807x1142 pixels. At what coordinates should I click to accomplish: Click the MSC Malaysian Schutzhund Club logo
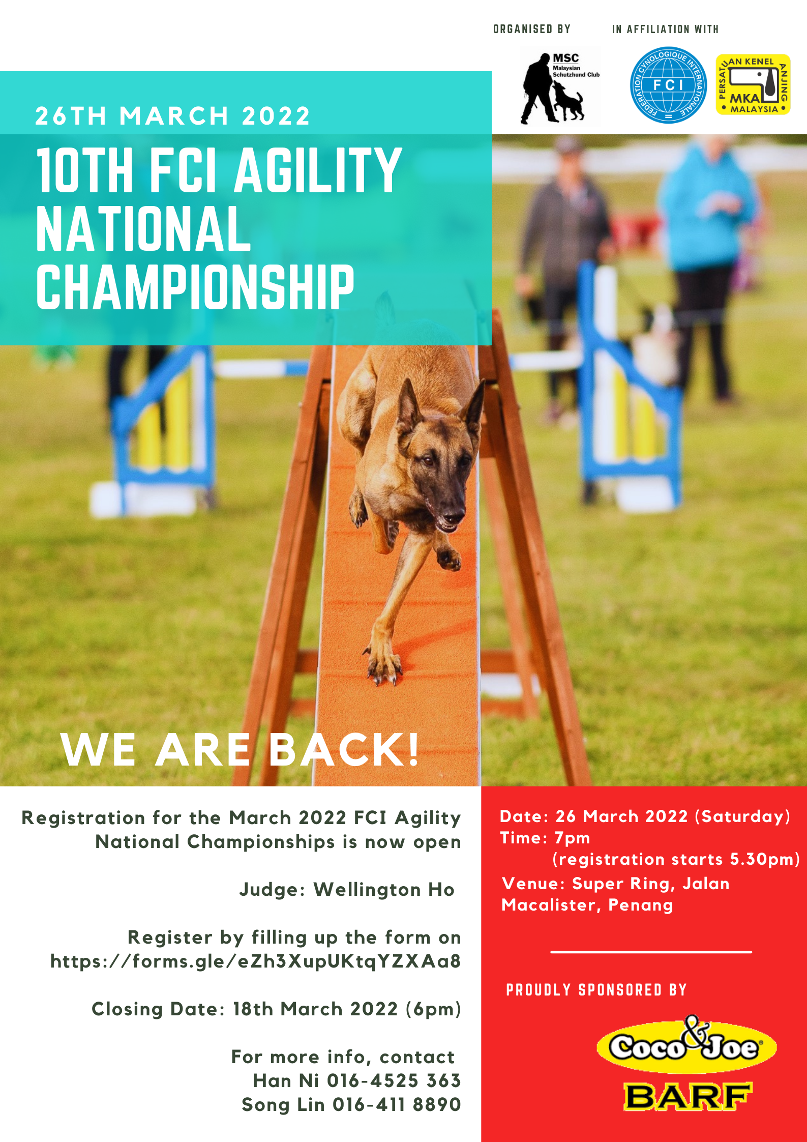559,86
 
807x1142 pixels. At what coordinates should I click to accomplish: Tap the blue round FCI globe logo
668,85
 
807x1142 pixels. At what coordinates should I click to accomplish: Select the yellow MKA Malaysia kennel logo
753,84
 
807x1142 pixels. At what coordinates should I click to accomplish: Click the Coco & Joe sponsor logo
686,1045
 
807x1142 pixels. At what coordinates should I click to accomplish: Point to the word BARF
688,1097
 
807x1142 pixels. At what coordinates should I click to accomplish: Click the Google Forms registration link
255,961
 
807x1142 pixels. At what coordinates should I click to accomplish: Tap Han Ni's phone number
394,1080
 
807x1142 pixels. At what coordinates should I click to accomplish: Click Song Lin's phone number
397,1104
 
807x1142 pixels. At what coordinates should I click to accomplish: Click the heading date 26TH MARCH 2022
173,116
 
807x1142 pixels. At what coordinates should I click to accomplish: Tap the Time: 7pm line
545,838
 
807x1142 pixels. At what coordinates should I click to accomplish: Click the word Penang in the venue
641,905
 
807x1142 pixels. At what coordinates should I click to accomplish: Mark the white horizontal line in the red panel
651,951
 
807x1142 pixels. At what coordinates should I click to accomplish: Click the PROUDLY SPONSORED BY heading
596,990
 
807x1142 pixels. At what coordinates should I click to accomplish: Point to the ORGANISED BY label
532,29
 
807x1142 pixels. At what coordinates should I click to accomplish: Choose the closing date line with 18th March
276,1009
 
